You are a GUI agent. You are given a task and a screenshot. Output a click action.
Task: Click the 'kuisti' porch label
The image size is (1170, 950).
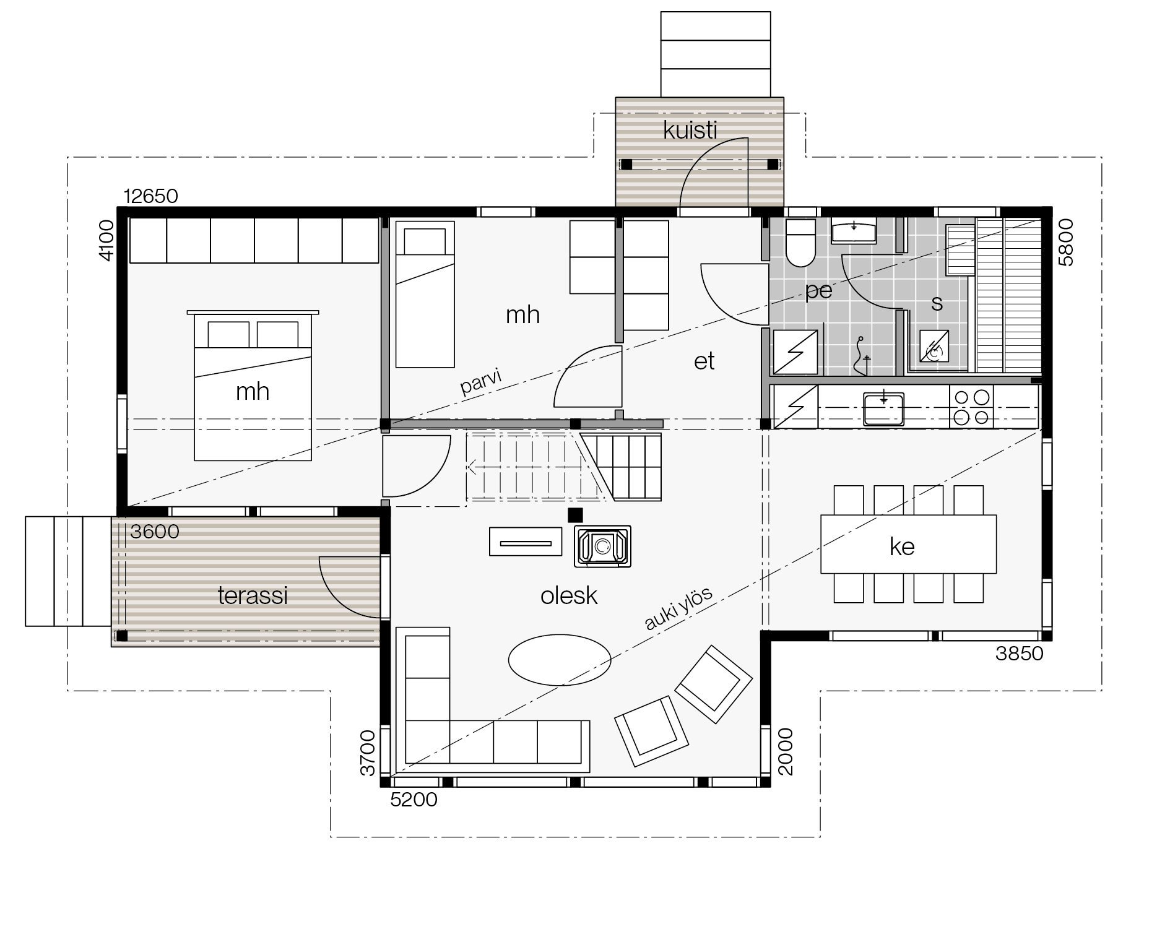coord(690,131)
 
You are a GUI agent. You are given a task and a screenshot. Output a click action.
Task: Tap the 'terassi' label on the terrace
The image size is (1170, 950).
coord(253,595)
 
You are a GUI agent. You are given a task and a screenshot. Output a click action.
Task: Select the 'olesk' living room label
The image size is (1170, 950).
coord(569,595)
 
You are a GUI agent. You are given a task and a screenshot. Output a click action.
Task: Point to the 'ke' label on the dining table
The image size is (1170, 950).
coord(902,546)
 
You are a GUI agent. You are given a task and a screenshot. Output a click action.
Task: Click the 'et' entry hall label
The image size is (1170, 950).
coord(704,361)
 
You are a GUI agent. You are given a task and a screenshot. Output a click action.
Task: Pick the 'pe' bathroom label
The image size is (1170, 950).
coord(818,291)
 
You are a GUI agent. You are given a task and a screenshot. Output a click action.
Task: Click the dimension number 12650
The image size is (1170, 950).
coord(151,196)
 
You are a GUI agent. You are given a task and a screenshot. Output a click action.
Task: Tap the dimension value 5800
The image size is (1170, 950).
coord(1066,243)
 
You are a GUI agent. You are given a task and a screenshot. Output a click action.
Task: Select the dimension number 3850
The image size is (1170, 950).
coord(1019,654)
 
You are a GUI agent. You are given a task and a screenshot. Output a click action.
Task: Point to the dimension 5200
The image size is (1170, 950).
coord(414,800)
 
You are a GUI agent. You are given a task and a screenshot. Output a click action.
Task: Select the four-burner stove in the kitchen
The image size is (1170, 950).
coord(971,407)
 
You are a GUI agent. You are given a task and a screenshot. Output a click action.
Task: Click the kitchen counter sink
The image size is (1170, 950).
coord(884,408)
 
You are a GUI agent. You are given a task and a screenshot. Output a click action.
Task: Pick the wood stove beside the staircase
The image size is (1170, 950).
coord(603,546)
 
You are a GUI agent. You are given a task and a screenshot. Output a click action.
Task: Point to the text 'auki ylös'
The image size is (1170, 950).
coord(679,608)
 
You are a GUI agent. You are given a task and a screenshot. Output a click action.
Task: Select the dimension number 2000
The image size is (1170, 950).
coord(785,751)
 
